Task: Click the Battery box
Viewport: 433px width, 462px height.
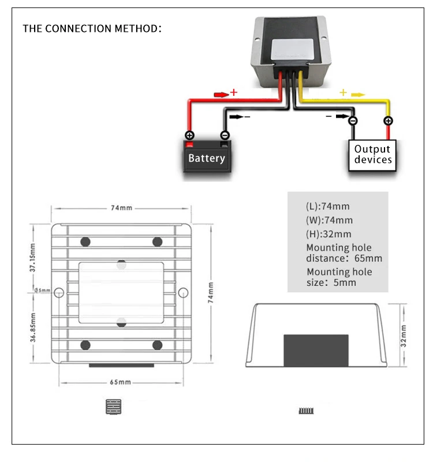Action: [207, 157]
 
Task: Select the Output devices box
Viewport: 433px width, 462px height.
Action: [372, 155]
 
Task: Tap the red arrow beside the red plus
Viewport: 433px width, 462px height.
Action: [221, 95]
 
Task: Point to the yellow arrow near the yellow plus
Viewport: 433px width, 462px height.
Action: [358, 95]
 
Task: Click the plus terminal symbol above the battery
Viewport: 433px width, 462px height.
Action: [190, 135]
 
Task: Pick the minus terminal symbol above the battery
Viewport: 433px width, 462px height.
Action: [225, 135]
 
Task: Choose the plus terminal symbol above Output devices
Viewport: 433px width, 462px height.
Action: [388, 121]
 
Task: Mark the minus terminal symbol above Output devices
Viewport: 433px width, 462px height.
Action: [353, 121]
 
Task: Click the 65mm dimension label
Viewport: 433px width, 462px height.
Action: [120, 382]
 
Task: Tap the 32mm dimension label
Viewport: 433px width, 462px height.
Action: [403, 336]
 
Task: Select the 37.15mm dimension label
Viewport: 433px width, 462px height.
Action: [33, 258]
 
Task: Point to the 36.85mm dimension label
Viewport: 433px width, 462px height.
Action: [33, 327]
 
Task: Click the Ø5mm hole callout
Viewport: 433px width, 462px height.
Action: [42, 290]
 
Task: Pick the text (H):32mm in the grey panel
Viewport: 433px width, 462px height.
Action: [329, 234]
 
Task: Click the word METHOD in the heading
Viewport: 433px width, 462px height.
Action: [138, 28]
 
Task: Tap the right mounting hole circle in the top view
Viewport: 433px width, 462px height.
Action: [183, 293]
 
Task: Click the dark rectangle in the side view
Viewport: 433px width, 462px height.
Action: [316, 351]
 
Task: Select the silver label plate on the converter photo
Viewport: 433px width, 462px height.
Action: [293, 50]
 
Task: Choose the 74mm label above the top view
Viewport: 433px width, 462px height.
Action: [121, 208]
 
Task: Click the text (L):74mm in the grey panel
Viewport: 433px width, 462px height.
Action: [327, 206]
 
